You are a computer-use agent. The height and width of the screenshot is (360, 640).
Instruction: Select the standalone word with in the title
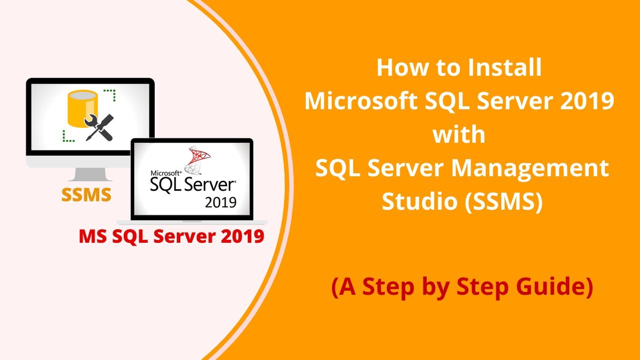coord(459,135)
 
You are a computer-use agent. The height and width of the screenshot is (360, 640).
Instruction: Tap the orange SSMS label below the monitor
coord(86,195)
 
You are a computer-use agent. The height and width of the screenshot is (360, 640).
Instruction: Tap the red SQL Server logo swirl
coord(197,161)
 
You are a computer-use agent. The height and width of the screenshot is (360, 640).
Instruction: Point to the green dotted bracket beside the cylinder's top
coord(110,95)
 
